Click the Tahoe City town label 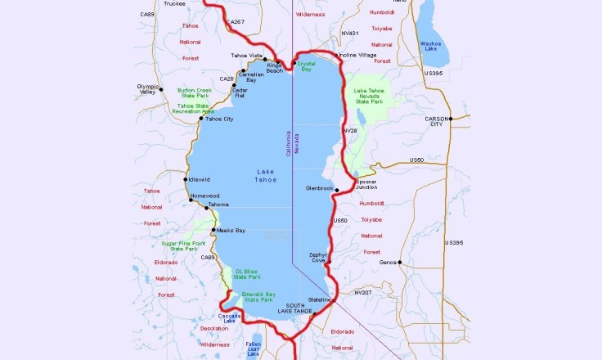[219, 119]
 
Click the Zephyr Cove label [319, 258]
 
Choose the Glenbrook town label [320, 188]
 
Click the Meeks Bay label [231, 231]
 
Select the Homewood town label [204, 196]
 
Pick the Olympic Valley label [146, 89]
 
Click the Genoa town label [389, 262]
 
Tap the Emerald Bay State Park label [258, 297]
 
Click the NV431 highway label [349, 34]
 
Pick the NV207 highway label [362, 292]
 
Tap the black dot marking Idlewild [186, 179]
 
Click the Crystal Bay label [306, 66]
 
